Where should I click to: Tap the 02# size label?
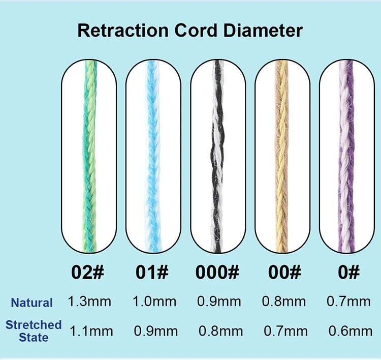(x=88, y=272)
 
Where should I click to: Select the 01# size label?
(x=153, y=272)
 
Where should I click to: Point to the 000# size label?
(x=217, y=272)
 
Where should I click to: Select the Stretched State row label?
(x=34, y=331)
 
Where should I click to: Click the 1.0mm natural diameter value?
(x=154, y=302)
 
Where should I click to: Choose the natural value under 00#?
(x=284, y=302)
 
